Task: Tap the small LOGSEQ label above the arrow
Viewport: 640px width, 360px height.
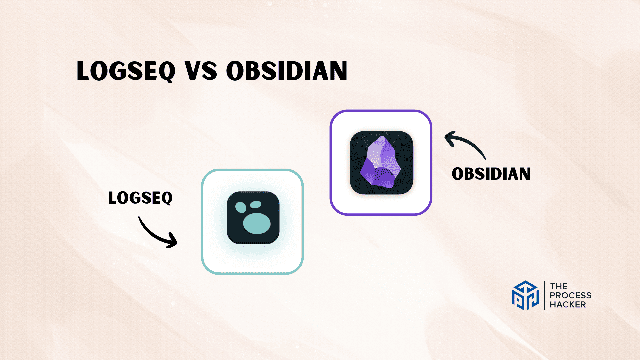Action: (140, 198)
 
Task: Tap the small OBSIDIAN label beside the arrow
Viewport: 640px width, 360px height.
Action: (491, 174)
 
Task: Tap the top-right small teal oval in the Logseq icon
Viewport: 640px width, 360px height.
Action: (256, 204)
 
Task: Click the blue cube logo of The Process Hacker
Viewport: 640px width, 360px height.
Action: (525, 295)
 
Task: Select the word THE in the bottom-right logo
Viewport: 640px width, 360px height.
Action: (559, 286)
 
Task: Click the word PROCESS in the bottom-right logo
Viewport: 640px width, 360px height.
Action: (570, 295)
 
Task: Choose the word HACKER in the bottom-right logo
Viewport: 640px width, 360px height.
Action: (568, 304)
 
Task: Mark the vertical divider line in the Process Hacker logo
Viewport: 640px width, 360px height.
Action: (545, 295)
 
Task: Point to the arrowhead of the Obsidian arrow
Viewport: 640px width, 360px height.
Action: (449, 138)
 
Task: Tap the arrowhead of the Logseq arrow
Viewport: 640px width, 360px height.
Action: (173, 241)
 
